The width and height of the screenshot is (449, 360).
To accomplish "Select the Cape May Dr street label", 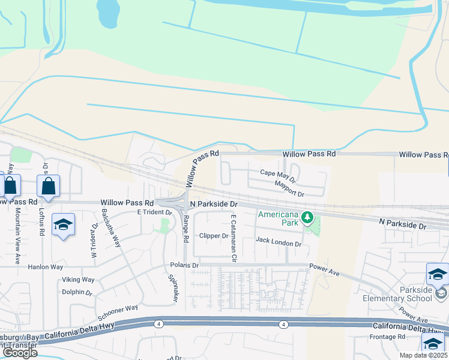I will [x=277, y=175].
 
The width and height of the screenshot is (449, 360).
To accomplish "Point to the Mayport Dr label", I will [x=290, y=188].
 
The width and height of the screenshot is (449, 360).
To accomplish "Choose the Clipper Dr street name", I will [x=214, y=236].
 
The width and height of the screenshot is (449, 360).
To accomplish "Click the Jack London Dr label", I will [x=278, y=243].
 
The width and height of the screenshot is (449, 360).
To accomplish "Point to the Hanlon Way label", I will [x=46, y=266].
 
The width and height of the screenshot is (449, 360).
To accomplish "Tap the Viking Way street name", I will [x=78, y=280].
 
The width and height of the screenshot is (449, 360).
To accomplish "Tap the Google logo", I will [x=20, y=352].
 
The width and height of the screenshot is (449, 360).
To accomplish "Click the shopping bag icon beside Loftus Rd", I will [x=49, y=186].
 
